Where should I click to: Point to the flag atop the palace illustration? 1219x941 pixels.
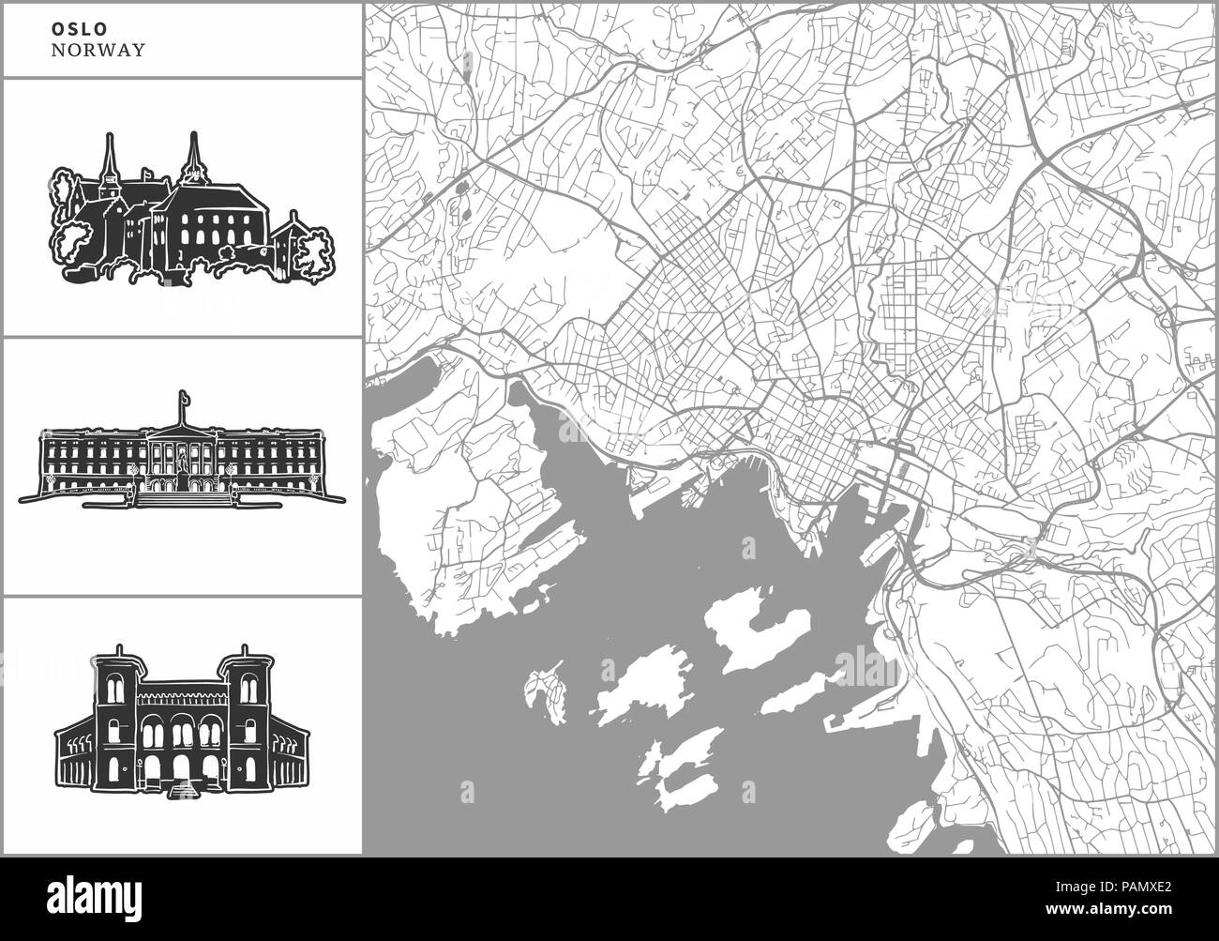click(184, 401)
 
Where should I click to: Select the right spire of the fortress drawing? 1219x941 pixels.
click(195, 154)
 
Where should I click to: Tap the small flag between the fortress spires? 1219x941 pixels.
click(146, 173)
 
